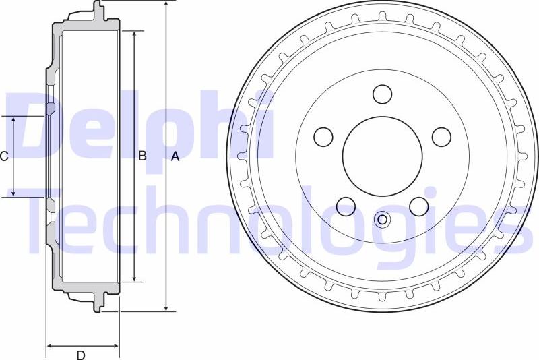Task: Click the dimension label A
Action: (x=175, y=157)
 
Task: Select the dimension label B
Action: (x=142, y=156)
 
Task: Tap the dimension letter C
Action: (x=4, y=157)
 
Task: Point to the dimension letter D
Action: (x=81, y=355)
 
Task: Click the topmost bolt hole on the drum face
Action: (x=383, y=94)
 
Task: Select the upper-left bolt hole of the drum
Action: (x=324, y=137)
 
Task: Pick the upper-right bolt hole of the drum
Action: (x=441, y=137)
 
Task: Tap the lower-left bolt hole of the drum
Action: (x=346, y=206)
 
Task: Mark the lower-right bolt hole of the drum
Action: (x=419, y=206)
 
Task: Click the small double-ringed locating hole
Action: (x=383, y=219)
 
